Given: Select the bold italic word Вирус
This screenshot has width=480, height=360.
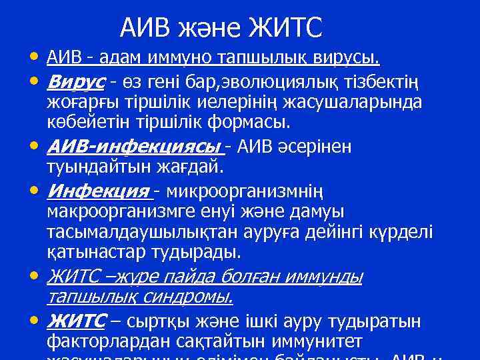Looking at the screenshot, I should pyautogui.click(x=76, y=82).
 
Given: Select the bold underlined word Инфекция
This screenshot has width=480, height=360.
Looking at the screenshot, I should pyautogui.click(x=98, y=191).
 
